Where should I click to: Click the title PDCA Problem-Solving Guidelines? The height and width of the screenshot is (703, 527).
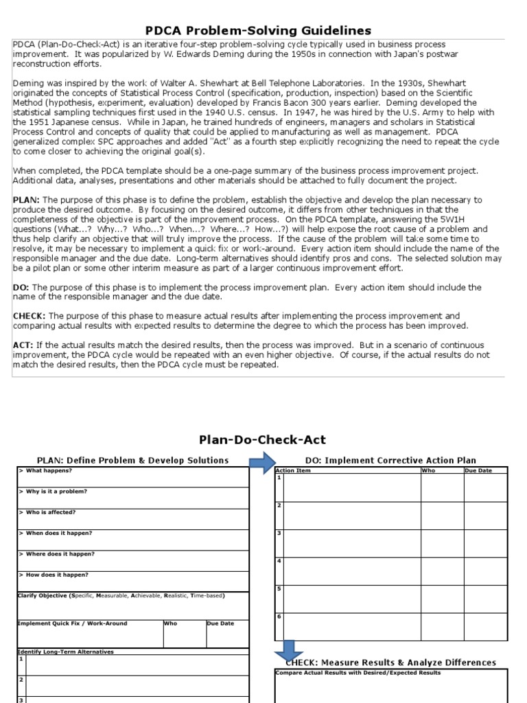tap(259, 30)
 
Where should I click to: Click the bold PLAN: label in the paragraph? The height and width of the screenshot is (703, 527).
tap(26, 200)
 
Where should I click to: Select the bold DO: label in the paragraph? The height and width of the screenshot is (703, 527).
tap(21, 287)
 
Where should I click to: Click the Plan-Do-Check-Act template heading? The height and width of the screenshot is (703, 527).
tap(262, 439)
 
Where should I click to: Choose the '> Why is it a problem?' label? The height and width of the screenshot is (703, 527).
tap(53, 492)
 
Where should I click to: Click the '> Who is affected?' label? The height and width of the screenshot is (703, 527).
tap(47, 512)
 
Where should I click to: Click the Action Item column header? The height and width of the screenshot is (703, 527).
tap(293, 471)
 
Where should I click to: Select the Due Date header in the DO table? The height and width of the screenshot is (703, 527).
tap(479, 471)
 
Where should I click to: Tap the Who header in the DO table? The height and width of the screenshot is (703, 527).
tap(427, 471)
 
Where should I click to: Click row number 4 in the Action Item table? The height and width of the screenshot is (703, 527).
tap(279, 561)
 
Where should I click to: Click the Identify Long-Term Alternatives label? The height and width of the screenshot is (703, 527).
tap(66, 652)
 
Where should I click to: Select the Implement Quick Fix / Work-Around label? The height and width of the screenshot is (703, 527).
tap(72, 623)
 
